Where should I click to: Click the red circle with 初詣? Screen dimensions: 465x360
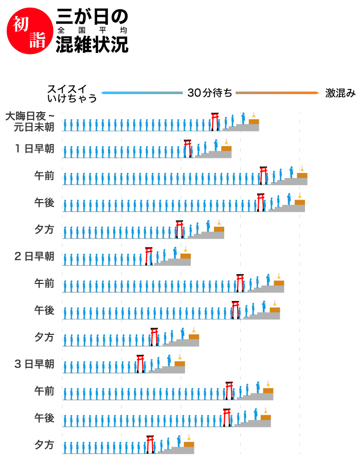[x=26, y=32]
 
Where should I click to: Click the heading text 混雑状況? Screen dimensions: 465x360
[x=92, y=45]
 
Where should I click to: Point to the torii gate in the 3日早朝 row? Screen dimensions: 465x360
[x=140, y=363]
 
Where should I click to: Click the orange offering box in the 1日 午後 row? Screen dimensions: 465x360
[x=300, y=202]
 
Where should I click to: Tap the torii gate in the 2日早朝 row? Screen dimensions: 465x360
[x=149, y=256]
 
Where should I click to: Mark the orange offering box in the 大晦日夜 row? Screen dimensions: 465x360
[x=254, y=121]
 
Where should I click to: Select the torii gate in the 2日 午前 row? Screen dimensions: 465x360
[x=240, y=282]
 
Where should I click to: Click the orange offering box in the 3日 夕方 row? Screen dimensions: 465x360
[x=189, y=444]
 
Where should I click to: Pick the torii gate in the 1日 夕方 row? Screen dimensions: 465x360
[x=179, y=229]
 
